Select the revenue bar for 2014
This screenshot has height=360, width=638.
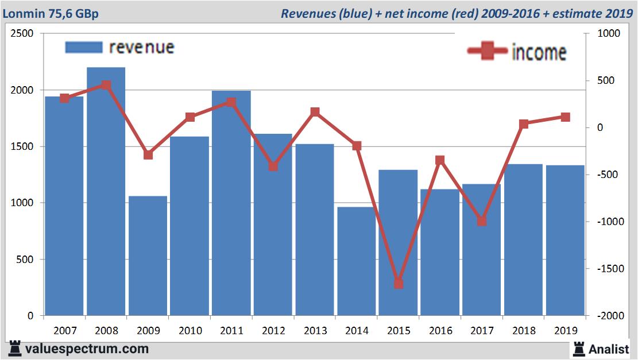(x=356, y=261)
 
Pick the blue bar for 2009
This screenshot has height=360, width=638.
(x=148, y=256)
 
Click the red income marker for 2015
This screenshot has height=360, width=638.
(x=399, y=284)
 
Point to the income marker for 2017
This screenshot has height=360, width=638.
(x=482, y=221)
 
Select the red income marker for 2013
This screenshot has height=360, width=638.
(x=315, y=112)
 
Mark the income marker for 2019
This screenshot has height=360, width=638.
(x=565, y=117)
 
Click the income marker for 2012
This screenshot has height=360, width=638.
(x=273, y=167)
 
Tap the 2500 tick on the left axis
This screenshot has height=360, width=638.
(x=22, y=34)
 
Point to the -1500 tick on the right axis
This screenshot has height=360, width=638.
(x=612, y=269)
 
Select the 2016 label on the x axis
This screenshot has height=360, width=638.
(x=440, y=331)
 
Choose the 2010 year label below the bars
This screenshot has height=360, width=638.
(x=190, y=331)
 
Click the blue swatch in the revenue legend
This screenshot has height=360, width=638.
(x=83, y=47)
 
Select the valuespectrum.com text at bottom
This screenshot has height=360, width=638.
(x=87, y=349)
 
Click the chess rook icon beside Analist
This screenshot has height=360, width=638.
(x=578, y=349)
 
